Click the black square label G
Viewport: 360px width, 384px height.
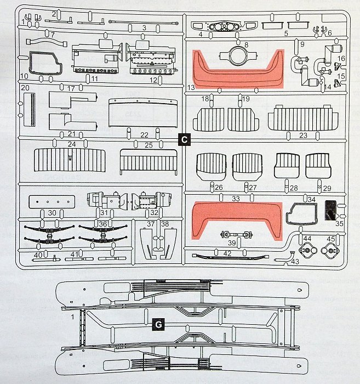point(157,325)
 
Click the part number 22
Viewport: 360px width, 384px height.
point(144,135)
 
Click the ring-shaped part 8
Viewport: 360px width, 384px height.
point(238,56)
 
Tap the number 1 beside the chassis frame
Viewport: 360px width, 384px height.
point(72,317)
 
